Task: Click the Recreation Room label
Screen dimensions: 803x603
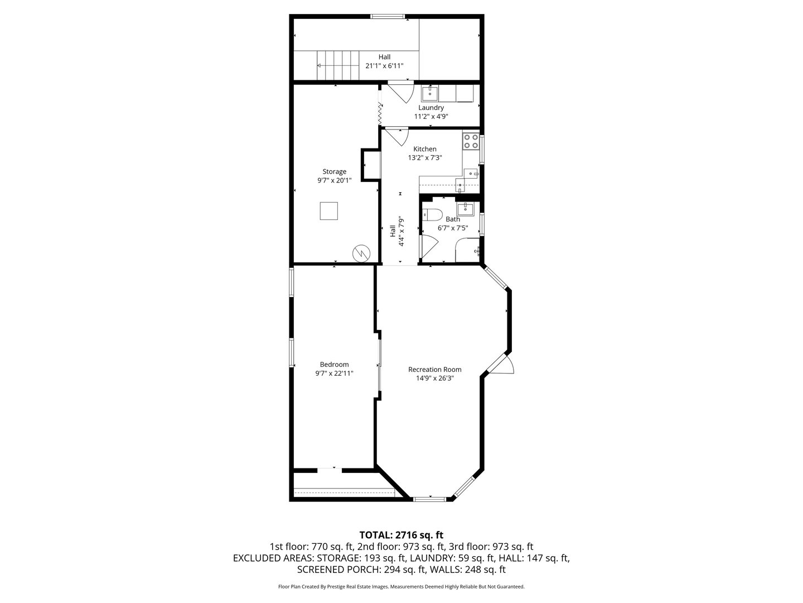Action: coord(434,370)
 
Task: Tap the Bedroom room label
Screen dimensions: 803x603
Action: coord(334,364)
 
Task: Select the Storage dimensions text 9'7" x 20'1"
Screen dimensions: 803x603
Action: coord(335,180)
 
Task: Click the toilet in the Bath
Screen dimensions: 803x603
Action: coord(432,214)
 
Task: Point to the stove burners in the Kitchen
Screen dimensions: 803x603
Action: coord(471,141)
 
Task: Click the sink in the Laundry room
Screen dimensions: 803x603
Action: coord(429,94)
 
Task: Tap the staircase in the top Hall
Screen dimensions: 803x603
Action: coord(338,65)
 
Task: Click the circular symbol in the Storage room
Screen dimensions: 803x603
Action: coord(361,253)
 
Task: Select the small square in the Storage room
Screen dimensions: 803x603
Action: coord(328,211)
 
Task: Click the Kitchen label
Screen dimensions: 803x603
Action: coord(425,149)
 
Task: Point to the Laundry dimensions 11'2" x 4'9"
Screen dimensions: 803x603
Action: coord(431,117)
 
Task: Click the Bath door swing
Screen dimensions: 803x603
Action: coord(429,247)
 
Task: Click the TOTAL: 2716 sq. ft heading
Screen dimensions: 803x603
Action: coord(401,535)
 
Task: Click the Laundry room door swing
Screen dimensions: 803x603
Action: coord(401,93)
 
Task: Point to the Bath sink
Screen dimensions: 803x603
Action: coord(465,209)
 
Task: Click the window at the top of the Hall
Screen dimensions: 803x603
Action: coord(388,16)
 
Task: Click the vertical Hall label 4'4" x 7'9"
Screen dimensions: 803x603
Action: coord(397,231)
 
